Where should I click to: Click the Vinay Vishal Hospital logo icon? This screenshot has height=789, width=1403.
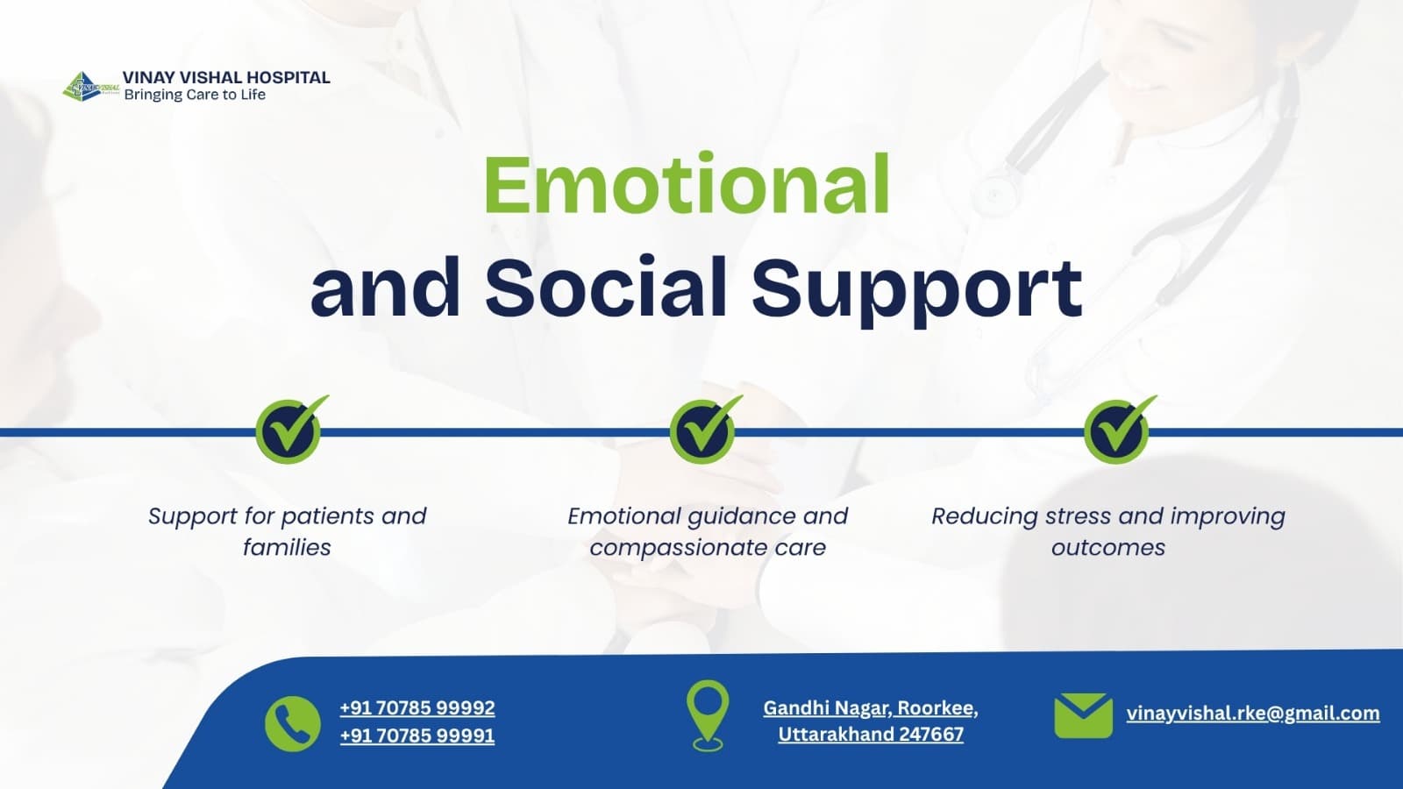[x=91, y=87]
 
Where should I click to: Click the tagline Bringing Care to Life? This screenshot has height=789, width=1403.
[x=195, y=95]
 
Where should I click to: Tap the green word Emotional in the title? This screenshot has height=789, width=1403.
[x=687, y=184]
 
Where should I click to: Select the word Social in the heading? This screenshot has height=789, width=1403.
[x=606, y=288]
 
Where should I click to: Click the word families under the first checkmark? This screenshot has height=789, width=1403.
[x=287, y=548]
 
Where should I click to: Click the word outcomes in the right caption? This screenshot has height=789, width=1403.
[x=1108, y=548]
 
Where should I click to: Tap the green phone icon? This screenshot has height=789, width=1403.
[x=293, y=723]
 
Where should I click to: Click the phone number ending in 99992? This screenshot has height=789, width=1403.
[x=417, y=707]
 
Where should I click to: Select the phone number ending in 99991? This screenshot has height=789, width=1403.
[x=417, y=736]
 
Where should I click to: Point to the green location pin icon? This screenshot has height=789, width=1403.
[x=708, y=715]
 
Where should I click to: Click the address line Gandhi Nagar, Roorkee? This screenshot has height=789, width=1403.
[x=871, y=708]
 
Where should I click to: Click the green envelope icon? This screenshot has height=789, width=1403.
[x=1084, y=715]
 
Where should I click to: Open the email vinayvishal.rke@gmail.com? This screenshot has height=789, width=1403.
[x=1253, y=714]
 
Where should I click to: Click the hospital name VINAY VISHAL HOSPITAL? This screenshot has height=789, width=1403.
[x=226, y=77]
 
